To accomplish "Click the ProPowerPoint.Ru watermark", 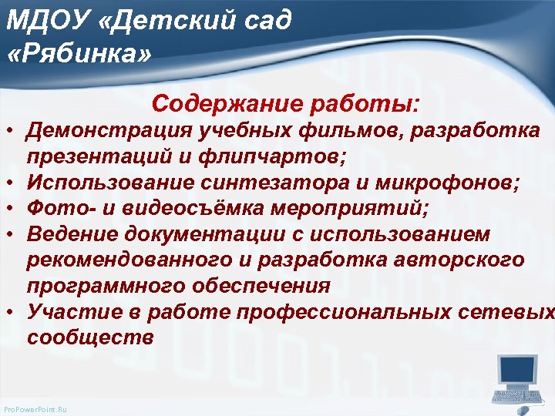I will click(35, 409).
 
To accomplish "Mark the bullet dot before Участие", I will click(12, 312).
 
